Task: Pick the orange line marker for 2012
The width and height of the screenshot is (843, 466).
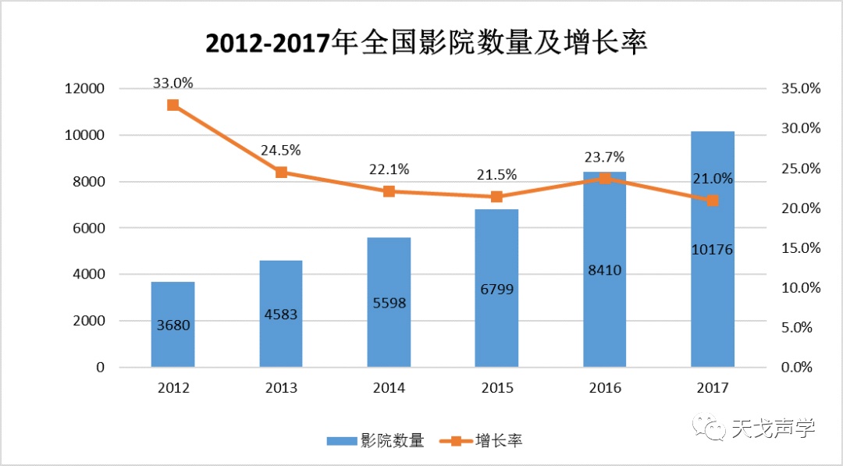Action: click(x=173, y=105)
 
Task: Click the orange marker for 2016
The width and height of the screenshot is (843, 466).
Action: click(x=604, y=179)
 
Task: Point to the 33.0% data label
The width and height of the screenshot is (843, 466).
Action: click(x=173, y=83)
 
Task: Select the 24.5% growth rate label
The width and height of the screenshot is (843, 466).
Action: click(x=280, y=150)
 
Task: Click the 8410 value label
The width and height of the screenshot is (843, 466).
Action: click(x=604, y=271)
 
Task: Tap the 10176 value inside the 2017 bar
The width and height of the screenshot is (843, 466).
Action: click(x=712, y=249)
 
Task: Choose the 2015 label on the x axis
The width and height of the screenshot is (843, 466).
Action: click(x=496, y=388)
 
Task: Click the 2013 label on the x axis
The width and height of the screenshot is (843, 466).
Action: click(x=281, y=388)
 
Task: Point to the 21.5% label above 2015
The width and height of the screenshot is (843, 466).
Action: click(x=496, y=175)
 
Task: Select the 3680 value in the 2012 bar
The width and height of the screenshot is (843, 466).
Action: click(x=173, y=325)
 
